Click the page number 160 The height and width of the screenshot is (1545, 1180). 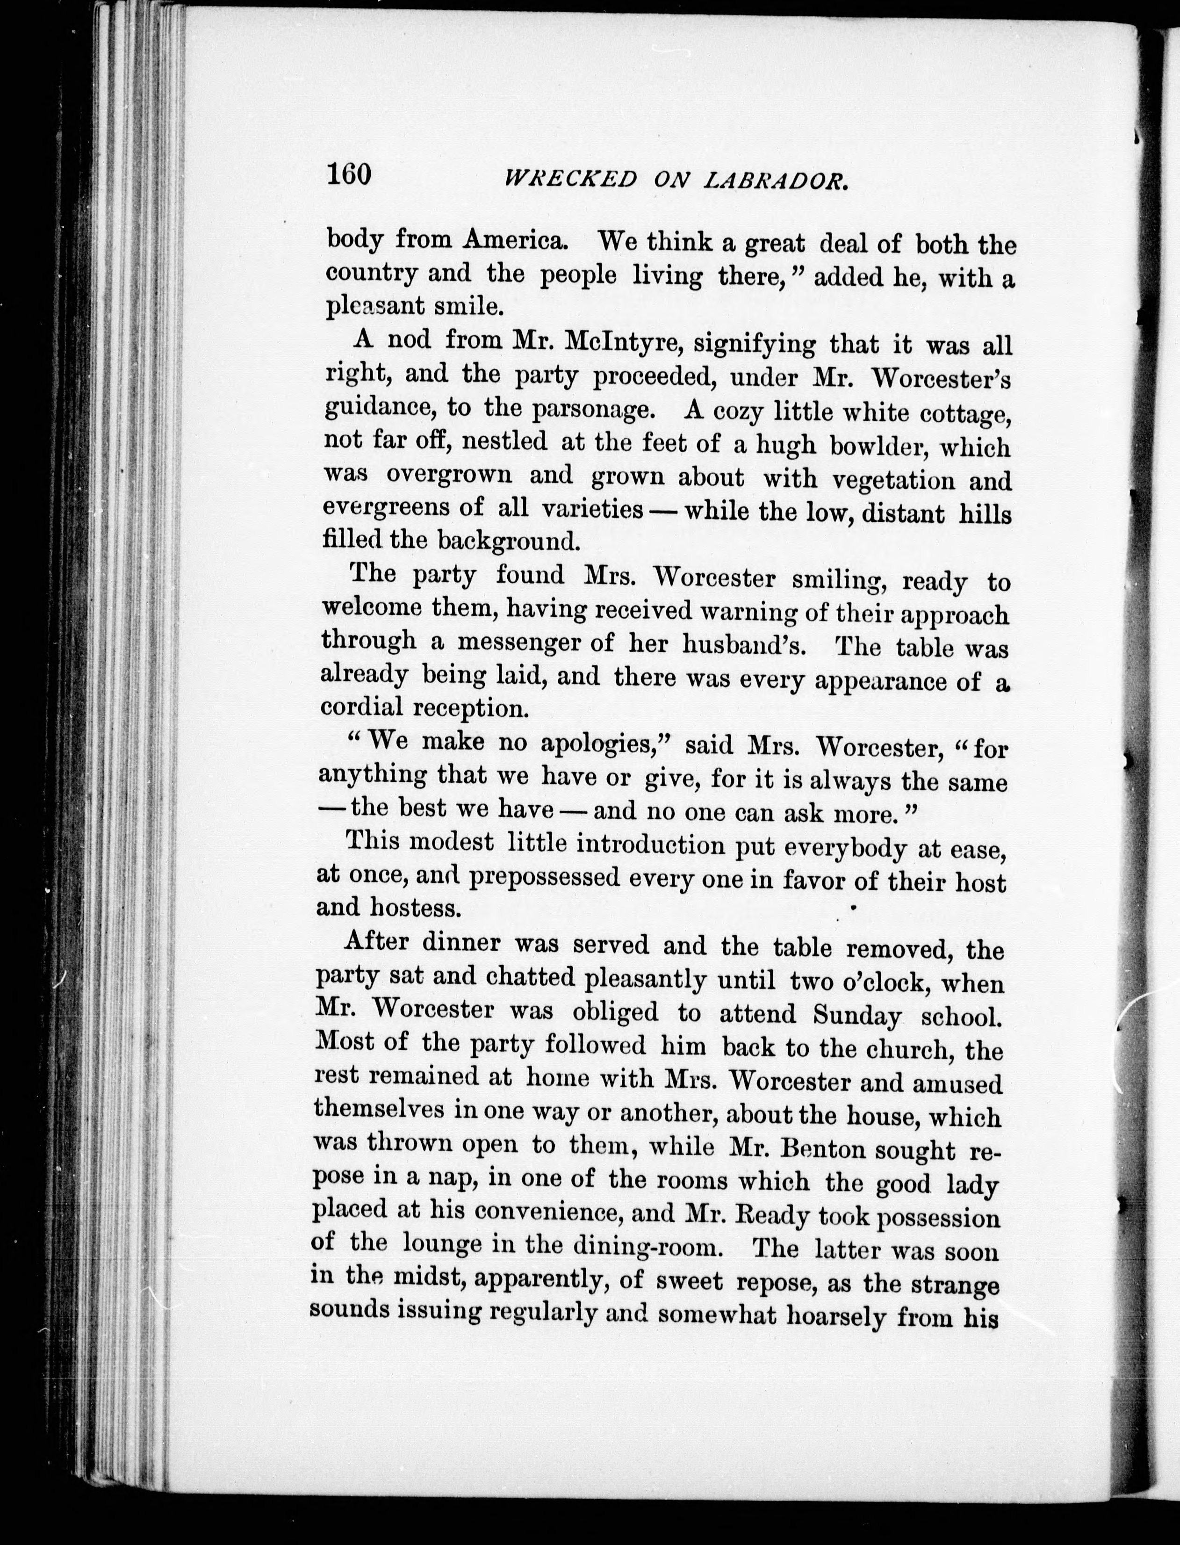[x=348, y=173]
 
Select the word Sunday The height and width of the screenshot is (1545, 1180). [x=857, y=1016]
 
